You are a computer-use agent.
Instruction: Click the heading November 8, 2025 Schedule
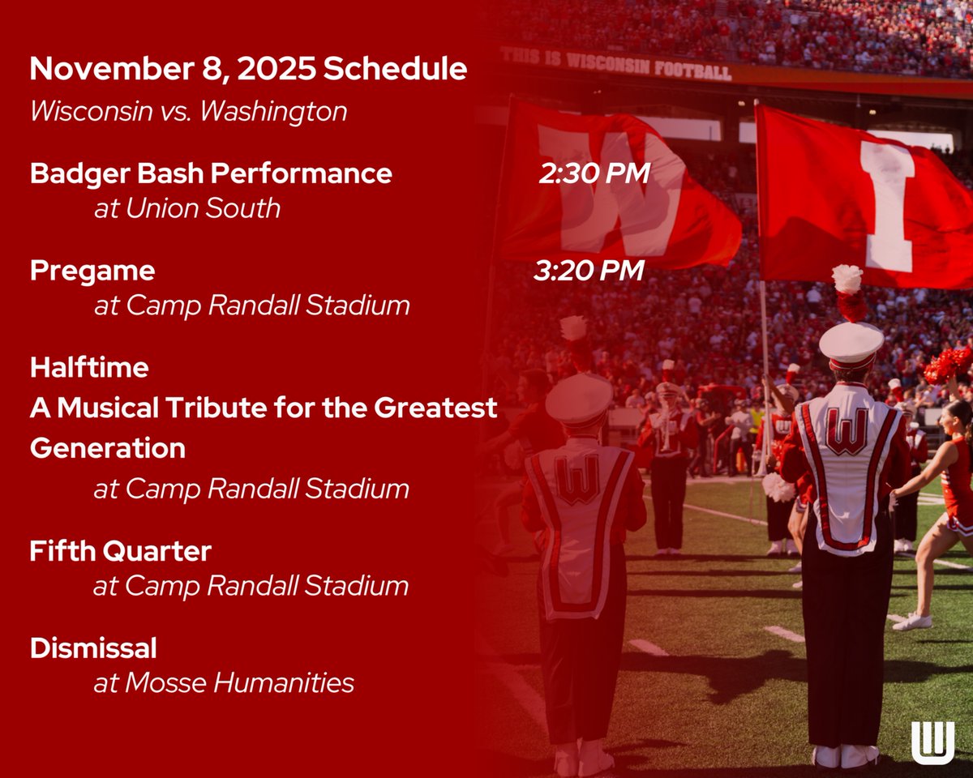248,70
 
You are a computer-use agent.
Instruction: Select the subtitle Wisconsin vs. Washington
188,111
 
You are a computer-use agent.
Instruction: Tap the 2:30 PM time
594,173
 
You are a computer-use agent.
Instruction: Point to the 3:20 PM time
589,271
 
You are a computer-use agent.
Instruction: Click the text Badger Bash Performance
211,173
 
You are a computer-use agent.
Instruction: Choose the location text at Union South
186,208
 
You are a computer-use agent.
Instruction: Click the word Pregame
92,271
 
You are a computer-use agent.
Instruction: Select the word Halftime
89,368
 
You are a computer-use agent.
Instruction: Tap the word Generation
108,448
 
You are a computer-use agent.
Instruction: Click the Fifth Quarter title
120,552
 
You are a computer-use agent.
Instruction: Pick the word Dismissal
93,648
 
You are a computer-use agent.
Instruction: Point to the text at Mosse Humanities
224,683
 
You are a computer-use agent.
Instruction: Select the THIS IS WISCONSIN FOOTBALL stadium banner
616,63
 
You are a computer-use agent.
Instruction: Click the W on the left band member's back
577,480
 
